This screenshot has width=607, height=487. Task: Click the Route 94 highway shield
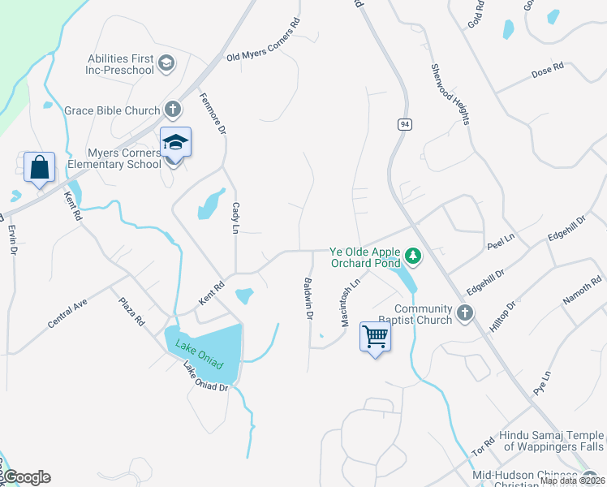coord(403,124)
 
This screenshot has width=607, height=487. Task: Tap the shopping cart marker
coord(375,336)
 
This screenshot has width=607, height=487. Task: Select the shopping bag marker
coord(39,168)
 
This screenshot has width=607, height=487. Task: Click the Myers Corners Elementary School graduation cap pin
coord(175,144)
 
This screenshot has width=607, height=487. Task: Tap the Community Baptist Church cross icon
coord(464,313)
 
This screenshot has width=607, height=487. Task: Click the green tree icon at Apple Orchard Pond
coord(414,257)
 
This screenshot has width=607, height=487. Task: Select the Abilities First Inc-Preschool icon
coord(166,64)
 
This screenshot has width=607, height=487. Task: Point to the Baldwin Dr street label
coord(308,299)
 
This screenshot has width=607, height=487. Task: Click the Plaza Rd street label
coord(131,311)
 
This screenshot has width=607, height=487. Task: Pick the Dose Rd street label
coord(547,71)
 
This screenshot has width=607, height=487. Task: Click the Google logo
coord(25,477)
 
